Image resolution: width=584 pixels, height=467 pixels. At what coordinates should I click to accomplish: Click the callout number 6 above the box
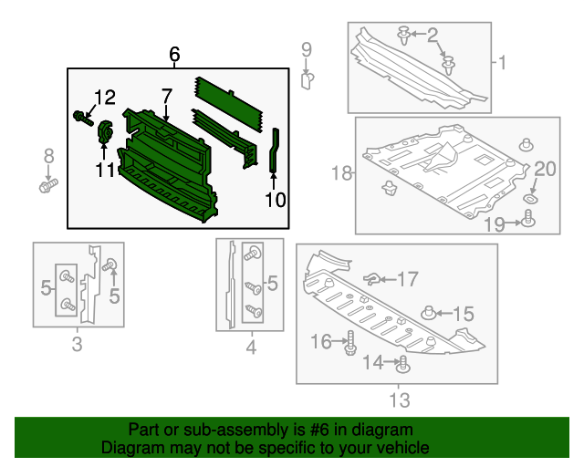pos(174,56)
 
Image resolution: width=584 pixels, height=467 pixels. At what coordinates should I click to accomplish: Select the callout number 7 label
pos(167,96)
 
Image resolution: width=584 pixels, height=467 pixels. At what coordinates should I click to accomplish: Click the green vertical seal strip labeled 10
pos(273,150)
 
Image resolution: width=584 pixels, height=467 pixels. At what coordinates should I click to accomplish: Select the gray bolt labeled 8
pos(47,186)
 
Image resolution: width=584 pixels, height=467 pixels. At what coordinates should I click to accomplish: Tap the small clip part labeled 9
pos(307,79)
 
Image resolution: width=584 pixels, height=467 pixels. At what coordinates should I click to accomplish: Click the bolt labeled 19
pos(527,218)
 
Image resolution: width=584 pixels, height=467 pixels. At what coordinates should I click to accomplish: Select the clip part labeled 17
pos(372,277)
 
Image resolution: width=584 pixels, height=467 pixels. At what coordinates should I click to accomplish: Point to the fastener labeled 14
pos(402,367)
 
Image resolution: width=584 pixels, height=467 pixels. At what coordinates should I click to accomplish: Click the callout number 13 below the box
pos(399,400)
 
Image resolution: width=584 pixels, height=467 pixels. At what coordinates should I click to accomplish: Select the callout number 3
pos(77,344)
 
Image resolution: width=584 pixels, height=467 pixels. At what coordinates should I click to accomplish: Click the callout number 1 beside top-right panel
pos(501,63)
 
